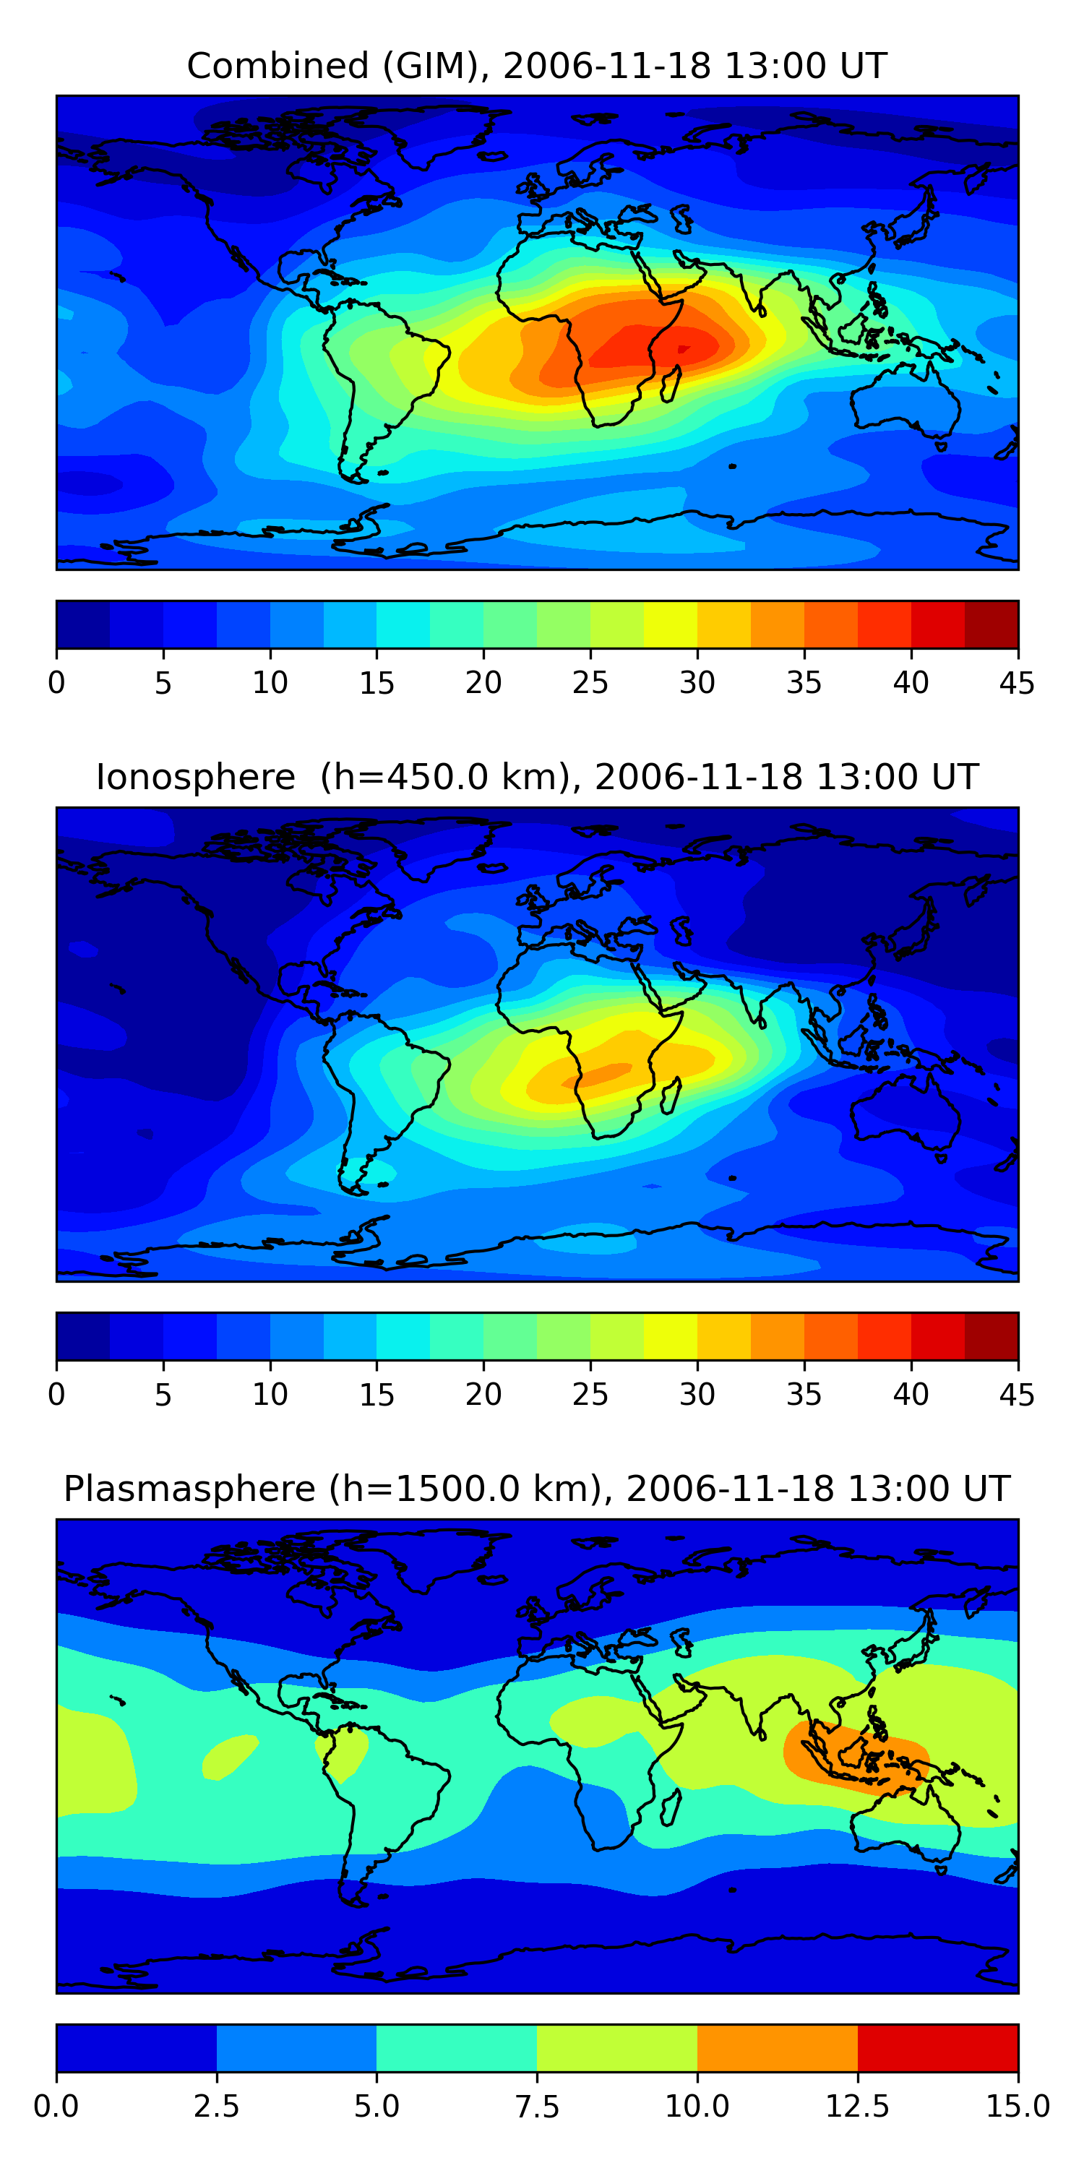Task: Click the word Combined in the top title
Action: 278,66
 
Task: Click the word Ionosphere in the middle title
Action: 195,777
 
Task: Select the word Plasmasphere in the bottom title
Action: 189,1489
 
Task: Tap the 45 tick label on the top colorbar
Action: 1017,682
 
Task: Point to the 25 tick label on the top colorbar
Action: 590,682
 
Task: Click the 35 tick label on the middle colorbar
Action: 804,1395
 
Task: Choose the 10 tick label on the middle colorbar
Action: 270,1395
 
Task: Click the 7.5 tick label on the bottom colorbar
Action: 537,2107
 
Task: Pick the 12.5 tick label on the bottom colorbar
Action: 857,2107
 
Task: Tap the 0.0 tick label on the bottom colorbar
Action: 56,2107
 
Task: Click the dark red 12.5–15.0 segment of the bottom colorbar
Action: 937,2047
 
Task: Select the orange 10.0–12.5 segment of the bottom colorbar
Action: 777,2047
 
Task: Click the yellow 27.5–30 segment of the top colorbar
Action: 670,624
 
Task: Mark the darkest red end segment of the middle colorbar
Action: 991,1336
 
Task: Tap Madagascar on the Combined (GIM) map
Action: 671,384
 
